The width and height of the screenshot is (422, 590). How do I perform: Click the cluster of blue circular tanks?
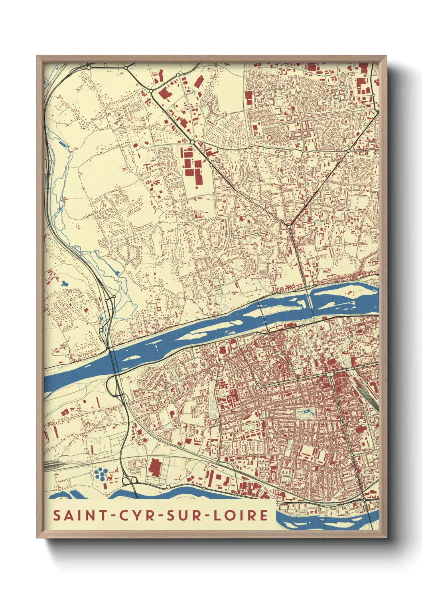coord(101,474)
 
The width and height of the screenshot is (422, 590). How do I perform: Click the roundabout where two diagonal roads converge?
coord(289,226)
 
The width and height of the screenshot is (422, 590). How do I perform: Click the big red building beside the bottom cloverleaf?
coord(154,467)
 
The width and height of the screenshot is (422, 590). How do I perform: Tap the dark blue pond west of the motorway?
coord(64,283)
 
